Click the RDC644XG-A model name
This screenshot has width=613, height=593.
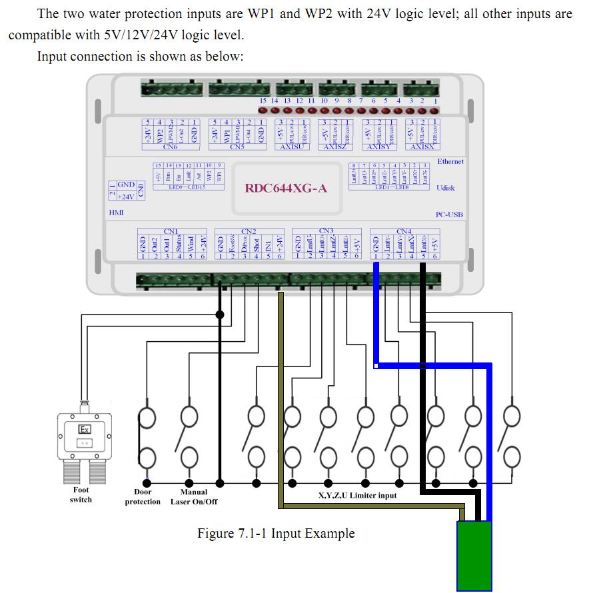pos(287,188)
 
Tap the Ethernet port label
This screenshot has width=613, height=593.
pos(450,161)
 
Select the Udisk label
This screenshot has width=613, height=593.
pos(446,188)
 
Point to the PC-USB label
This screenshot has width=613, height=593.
pos(449,215)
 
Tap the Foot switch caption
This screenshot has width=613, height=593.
pos(81,494)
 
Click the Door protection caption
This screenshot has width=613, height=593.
pos(143,496)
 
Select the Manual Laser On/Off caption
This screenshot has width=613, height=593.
pos(194,496)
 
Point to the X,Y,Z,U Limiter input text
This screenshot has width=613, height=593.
pos(358,495)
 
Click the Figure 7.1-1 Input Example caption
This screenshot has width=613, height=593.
pos(276,534)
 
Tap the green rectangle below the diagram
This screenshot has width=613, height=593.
pos(474,555)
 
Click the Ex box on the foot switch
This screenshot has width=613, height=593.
pos(85,428)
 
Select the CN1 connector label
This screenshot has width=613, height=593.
pos(170,231)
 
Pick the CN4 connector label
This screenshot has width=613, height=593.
pos(404,231)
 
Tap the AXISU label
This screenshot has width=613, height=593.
pos(291,147)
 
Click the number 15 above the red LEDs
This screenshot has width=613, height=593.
pos(263,101)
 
